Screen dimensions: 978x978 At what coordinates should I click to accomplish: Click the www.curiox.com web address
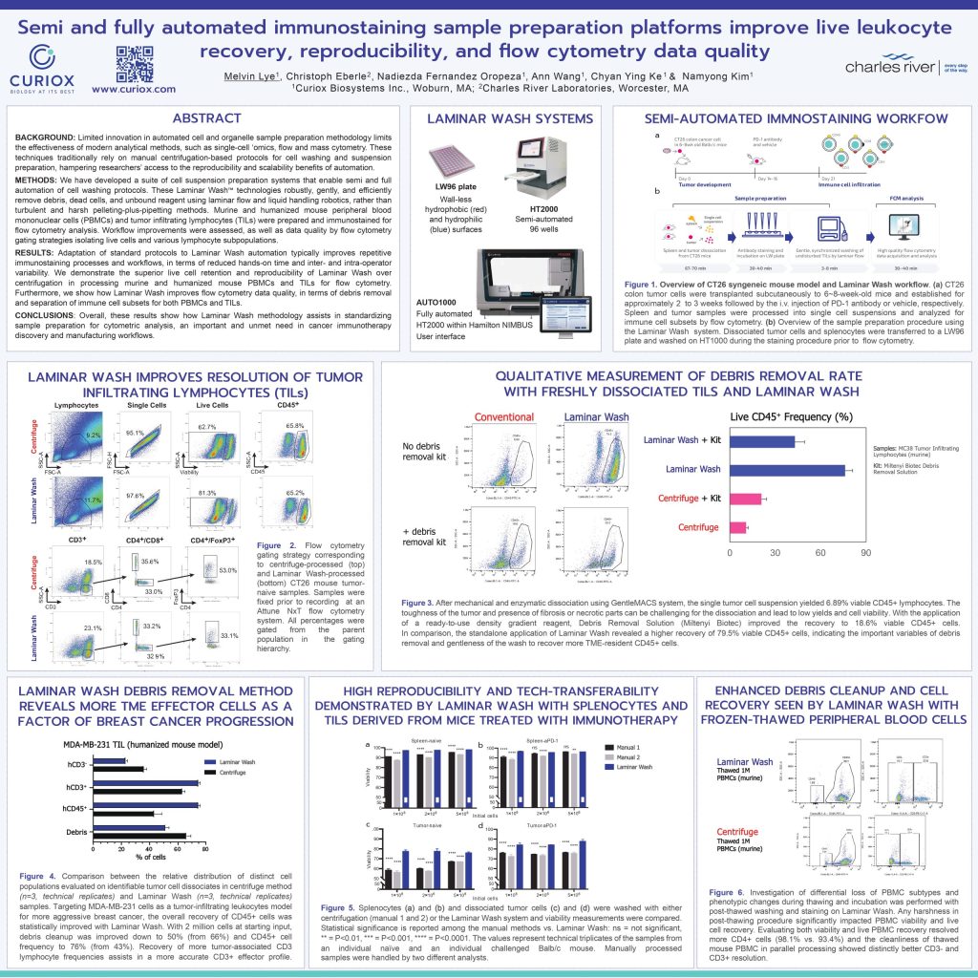134,88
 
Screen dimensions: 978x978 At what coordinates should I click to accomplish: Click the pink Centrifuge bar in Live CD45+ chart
737,526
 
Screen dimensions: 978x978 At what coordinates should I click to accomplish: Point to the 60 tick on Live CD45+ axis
819,552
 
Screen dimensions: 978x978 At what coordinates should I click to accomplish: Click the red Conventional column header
503,416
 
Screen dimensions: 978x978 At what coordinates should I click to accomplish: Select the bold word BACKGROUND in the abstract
45,139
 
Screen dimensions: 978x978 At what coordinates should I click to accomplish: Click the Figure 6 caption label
733,892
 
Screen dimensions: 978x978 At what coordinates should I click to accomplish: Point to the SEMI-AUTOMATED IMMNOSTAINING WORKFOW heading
795,118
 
